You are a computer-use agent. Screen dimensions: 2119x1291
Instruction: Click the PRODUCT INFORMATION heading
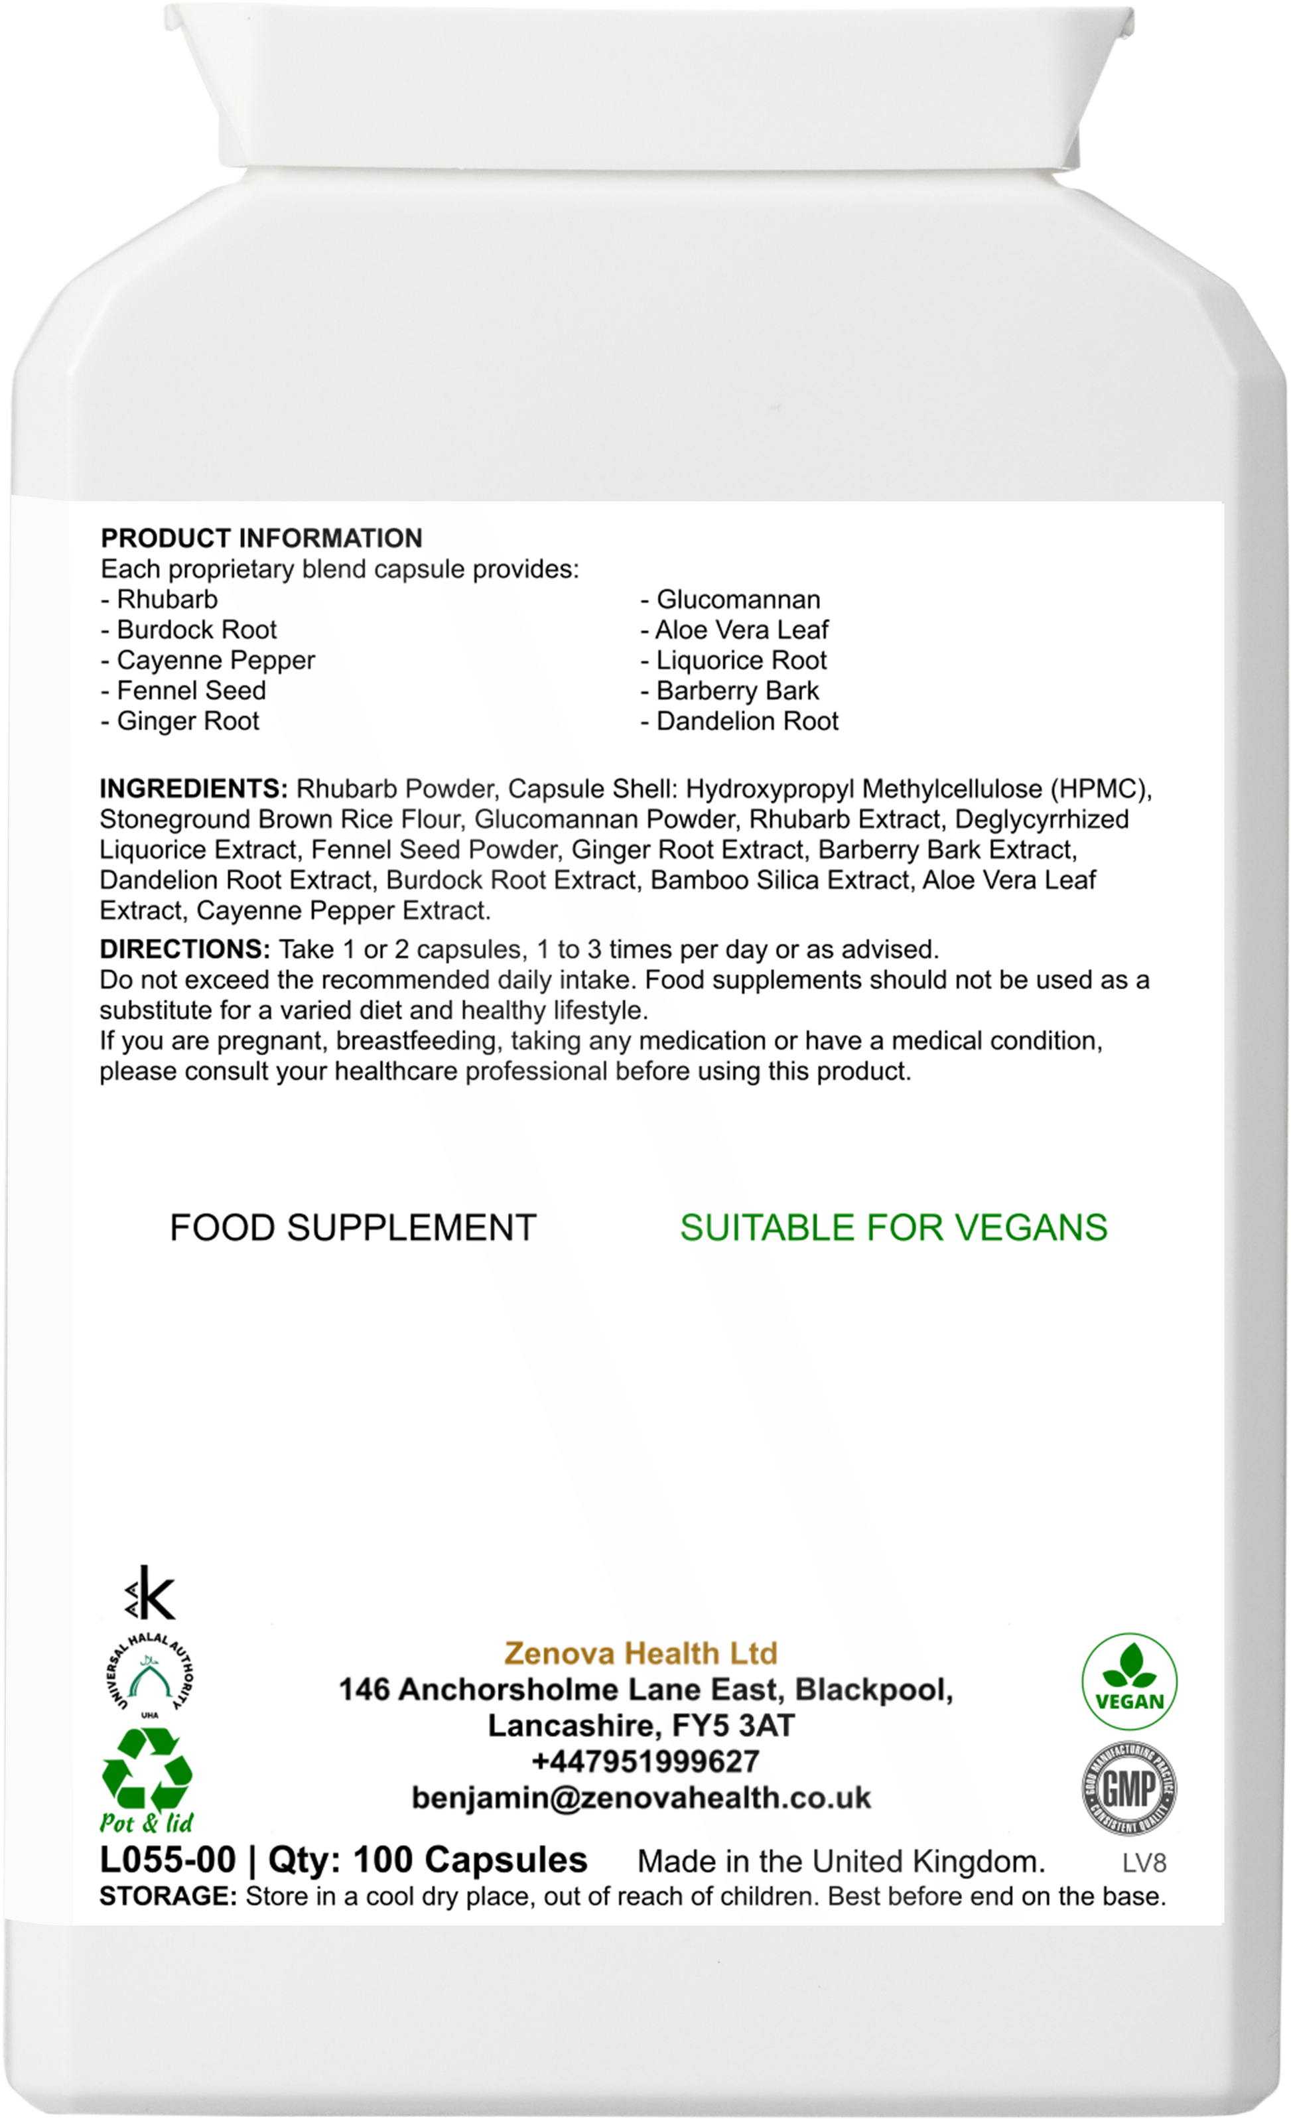click(x=261, y=538)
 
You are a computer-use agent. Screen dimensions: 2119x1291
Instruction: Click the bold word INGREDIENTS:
click(x=194, y=789)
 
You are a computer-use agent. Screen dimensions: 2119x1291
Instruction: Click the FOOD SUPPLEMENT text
click(x=353, y=1227)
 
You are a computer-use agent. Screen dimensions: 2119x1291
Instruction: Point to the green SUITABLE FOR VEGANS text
click(x=893, y=1227)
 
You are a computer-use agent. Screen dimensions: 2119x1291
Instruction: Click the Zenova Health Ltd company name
click(x=641, y=1653)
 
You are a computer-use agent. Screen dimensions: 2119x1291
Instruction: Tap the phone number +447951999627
click(x=645, y=1761)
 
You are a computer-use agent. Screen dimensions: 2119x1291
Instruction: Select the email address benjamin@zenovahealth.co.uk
click(x=642, y=1797)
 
